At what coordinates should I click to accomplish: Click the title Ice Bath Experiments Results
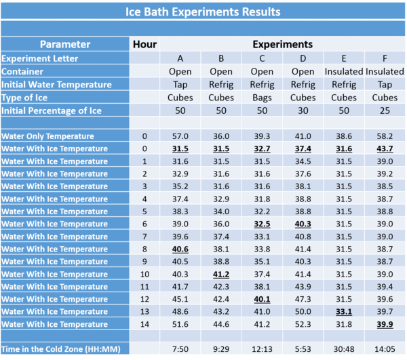click(203, 12)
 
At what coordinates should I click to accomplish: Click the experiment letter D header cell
click(303, 58)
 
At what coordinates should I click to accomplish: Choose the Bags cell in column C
click(263, 97)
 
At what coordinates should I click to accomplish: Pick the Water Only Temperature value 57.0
click(180, 136)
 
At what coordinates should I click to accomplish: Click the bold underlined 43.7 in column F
click(385, 148)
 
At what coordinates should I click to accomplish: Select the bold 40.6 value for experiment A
click(180, 249)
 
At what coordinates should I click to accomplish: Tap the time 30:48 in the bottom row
click(344, 348)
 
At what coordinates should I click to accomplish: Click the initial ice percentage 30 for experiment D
click(303, 110)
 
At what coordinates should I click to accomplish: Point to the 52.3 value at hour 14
click(303, 324)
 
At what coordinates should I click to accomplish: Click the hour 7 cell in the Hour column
click(145, 237)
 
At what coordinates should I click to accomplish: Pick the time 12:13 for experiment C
click(263, 348)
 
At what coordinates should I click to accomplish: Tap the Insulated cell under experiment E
click(344, 71)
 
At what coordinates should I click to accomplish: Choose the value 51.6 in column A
click(180, 324)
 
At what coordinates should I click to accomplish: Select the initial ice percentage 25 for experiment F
click(385, 110)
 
